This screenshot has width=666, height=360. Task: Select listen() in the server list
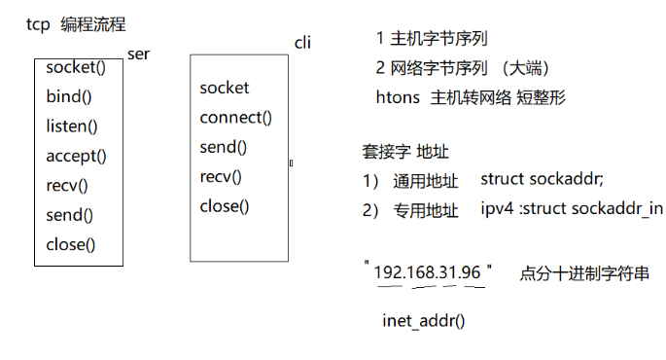pos(71,126)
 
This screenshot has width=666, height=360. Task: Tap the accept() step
pos(76,156)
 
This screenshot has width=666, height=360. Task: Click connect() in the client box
pos(235,118)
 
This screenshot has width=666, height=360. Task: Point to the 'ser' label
pos(138,54)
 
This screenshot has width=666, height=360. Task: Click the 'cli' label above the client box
pos(301,44)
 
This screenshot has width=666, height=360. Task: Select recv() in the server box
pos(66,185)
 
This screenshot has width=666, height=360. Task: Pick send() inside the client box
pos(224,147)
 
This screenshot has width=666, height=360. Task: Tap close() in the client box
pos(225,205)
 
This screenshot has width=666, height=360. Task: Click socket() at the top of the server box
pos(76,68)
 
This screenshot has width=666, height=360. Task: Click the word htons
pos(398,97)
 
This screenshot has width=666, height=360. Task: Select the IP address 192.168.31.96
pos(428,272)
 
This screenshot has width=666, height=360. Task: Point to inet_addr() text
pos(424,318)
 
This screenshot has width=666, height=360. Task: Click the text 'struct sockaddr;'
pos(542,180)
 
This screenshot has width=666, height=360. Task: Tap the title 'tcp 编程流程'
pos(76,24)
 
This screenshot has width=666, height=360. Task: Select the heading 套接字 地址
pos(404,152)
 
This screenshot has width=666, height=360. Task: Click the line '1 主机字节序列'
pos(431,39)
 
